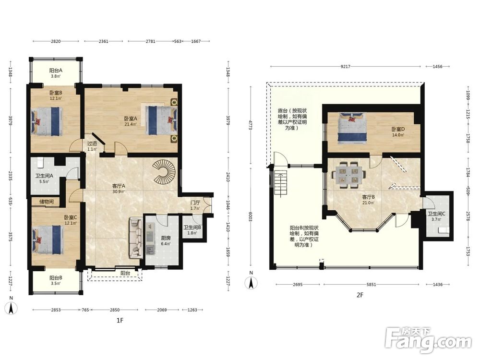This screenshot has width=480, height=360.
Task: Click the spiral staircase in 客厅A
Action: coord(165,172)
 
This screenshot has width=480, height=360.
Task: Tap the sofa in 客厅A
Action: coord(136,238)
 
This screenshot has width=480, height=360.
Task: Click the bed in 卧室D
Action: coord(352,128)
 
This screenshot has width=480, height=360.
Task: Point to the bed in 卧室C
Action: coord(48,240)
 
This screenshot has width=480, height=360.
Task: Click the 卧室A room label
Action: coord(131,119)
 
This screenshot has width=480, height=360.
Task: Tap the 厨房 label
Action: coord(166,238)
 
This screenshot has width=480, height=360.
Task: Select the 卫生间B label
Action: coord(192,228)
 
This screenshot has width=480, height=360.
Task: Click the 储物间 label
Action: coord(47,202)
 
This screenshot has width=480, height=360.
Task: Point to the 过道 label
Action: coord(92,143)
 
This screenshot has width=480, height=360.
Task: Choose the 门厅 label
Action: coord(195,203)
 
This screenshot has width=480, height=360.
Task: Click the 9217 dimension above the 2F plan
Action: coord(345,66)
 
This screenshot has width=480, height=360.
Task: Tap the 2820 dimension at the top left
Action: coord(55,41)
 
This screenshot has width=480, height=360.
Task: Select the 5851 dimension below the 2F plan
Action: coord(371,284)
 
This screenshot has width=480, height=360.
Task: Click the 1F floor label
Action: coord(120,320)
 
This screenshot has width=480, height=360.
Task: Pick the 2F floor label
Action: coord(360,295)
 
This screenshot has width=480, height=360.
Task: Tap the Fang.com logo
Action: coord(428,340)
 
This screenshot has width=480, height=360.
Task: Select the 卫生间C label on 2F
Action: coord(436,214)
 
